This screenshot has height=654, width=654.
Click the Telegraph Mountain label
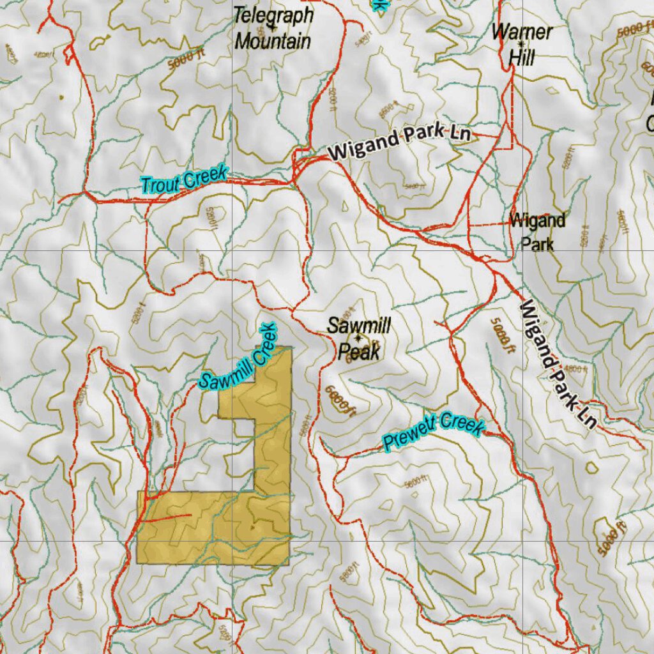(x=273, y=28)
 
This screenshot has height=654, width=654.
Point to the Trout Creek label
(x=184, y=179)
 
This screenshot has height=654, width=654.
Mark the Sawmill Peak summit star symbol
(x=358, y=338)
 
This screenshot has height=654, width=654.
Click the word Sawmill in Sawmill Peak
(x=358, y=325)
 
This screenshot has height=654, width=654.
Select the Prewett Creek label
(x=434, y=432)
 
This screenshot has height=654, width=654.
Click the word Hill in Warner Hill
(x=521, y=57)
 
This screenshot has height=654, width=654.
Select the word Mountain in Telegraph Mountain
(x=273, y=42)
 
